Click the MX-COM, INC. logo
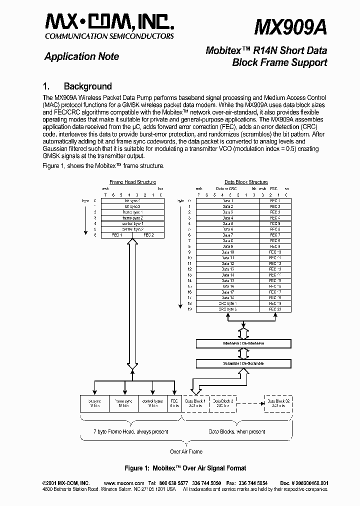110,22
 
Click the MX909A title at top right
290,26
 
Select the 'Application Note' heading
81,56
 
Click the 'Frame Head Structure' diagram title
133,182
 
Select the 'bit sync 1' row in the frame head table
133,200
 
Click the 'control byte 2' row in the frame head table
133,229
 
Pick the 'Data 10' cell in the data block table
227,252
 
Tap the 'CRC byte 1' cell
227,303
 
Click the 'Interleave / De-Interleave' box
243,344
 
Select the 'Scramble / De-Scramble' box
243,363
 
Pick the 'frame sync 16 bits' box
123,403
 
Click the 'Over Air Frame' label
186,451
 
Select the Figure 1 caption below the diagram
185,468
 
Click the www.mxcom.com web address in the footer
122,483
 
